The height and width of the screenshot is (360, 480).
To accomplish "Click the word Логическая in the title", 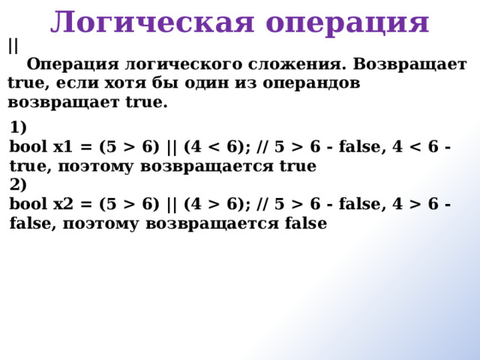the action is point(152,22).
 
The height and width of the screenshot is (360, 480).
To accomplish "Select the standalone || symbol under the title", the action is point(13,46).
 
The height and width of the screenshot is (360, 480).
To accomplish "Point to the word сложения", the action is point(297,65).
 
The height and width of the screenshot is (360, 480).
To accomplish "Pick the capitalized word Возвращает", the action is point(409,65).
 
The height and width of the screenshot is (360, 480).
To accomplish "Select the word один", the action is point(207,82).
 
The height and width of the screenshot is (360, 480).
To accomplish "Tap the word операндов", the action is point(311,83).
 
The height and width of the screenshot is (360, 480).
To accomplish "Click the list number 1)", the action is point(18,127).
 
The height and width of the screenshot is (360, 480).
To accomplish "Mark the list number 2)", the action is point(18,184).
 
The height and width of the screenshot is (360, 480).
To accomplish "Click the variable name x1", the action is point(63,147).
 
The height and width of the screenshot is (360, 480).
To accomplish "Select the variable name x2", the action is point(63,204).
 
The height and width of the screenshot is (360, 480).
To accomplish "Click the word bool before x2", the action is point(28,203).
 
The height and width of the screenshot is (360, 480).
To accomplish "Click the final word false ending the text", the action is point(306,223).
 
